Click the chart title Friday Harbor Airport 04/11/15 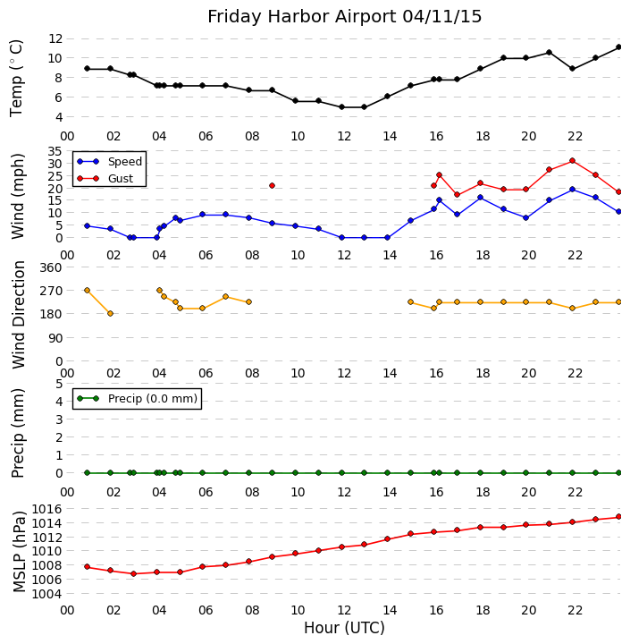[x=345, y=17]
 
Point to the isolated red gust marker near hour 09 [x=272, y=185]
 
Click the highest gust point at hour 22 [x=572, y=160]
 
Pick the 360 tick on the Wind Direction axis [x=50, y=267]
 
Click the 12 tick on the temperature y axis [x=55, y=38]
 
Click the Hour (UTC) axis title [x=344, y=628]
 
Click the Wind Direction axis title [x=20, y=315]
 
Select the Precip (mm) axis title [x=20, y=431]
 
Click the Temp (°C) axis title [x=18, y=78]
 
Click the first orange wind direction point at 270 [x=87, y=290]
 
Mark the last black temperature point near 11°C [x=618, y=47]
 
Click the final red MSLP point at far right [x=618, y=517]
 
